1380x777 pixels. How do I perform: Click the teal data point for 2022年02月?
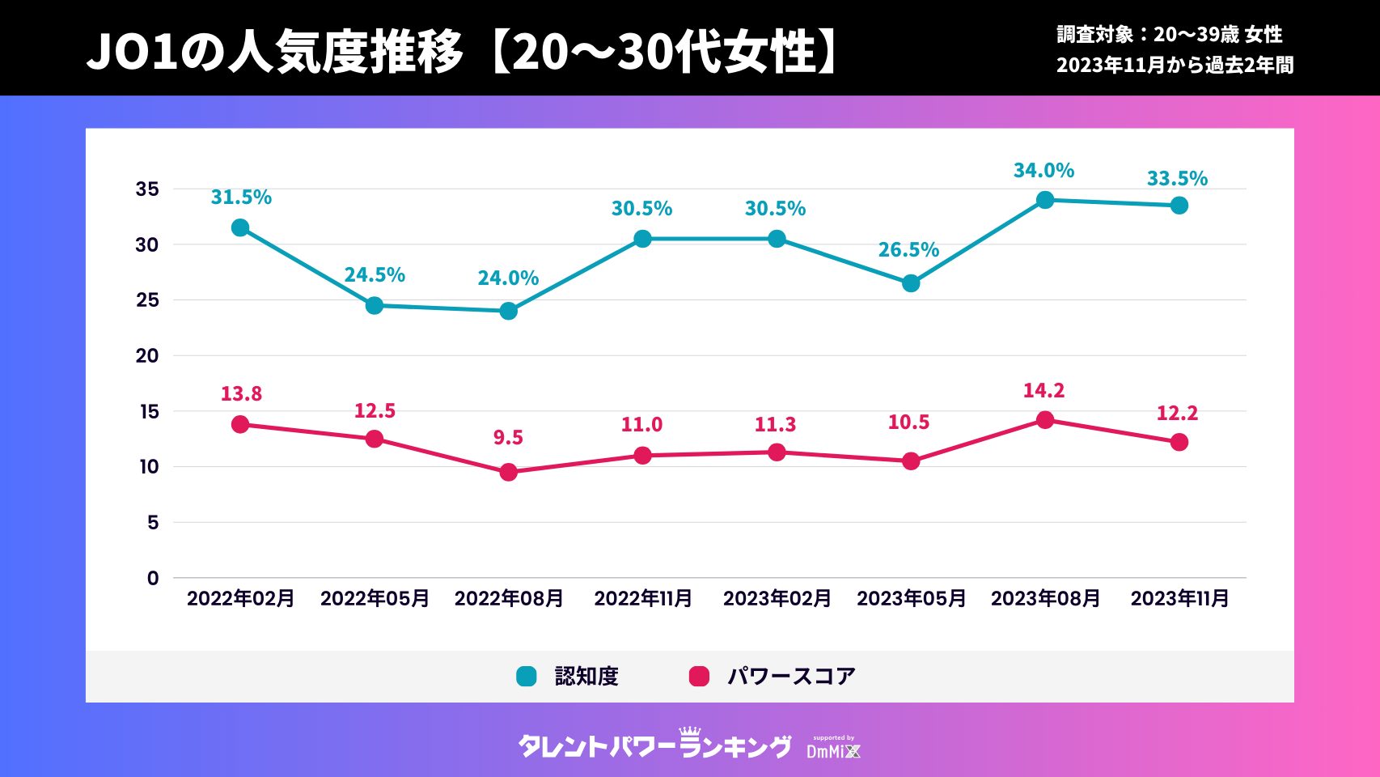240,228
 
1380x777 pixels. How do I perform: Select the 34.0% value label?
1043,171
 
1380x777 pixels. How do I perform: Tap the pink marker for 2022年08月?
508,473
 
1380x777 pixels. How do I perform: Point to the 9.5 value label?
508,438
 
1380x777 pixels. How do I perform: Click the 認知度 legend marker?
527,677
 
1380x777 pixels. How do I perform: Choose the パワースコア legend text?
791,677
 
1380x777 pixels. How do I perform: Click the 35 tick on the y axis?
147,189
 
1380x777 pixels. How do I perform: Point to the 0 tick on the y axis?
153,579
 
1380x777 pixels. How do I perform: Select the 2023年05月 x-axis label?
911,599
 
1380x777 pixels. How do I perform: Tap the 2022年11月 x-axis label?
643,599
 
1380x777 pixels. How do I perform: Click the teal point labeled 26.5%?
911,283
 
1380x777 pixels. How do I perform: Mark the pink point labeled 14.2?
1045,420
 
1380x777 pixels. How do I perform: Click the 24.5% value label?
375,275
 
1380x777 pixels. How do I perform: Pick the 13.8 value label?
241,394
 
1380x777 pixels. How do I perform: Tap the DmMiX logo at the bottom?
833,749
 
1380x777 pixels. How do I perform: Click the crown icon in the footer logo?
689,732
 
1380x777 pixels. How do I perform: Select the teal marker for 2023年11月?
1179,206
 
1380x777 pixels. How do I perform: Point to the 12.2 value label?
1177,414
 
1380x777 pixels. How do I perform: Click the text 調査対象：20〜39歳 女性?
1169,35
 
